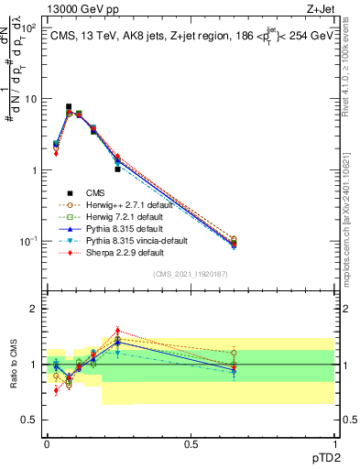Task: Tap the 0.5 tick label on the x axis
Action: [191, 443]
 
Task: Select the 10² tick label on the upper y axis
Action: [27, 28]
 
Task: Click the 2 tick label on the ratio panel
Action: [34, 309]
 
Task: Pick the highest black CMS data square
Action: [69, 107]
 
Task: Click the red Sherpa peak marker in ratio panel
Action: [117, 331]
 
